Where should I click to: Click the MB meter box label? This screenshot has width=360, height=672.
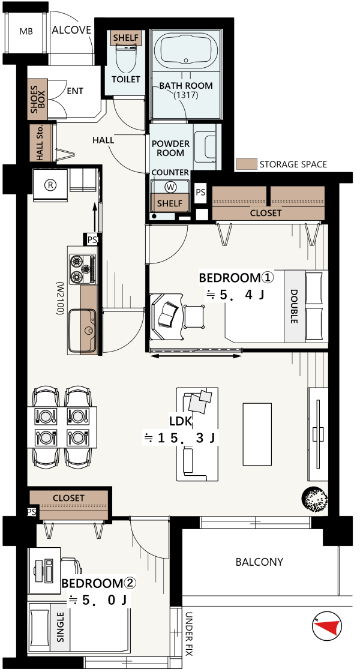coord(26,31)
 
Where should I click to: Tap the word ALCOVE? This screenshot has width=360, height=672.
coord(71,30)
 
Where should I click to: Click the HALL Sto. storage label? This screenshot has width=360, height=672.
coord(40,143)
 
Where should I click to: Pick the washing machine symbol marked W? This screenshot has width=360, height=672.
coord(171,187)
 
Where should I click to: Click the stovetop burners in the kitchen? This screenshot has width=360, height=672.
coord(83,269)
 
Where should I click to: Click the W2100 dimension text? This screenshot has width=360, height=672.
coord(59,299)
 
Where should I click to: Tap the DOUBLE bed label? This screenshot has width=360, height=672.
coord(294,307)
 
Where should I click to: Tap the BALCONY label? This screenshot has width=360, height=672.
coord(260,562)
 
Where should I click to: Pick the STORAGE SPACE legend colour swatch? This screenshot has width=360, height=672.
coord(247,164)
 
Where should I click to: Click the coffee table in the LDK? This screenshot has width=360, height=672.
coord(257,434)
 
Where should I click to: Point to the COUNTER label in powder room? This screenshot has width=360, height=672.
coord(170,172)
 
